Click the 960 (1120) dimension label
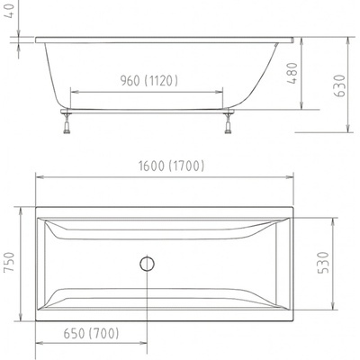click(149, 80)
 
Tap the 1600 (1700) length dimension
click(171, 166)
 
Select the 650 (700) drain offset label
click(91, 333)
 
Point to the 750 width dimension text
click(9, 262)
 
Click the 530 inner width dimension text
click(323, 263)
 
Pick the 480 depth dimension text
click(292, 73)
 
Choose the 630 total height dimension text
click(339, 85)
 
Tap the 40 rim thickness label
click(11, 11)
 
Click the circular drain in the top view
click(147, 264)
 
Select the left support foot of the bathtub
click(67, 123)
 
